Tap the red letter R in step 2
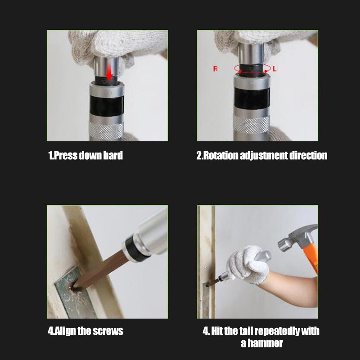(x=216, y=68)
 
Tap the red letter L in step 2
(x=274, y=68)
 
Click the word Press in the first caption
(x=66, y=155)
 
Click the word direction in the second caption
(x=308, y=155)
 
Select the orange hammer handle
(x=310, y=256)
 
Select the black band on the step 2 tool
(x=252, y=98)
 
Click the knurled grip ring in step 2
(x=252, y=124)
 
